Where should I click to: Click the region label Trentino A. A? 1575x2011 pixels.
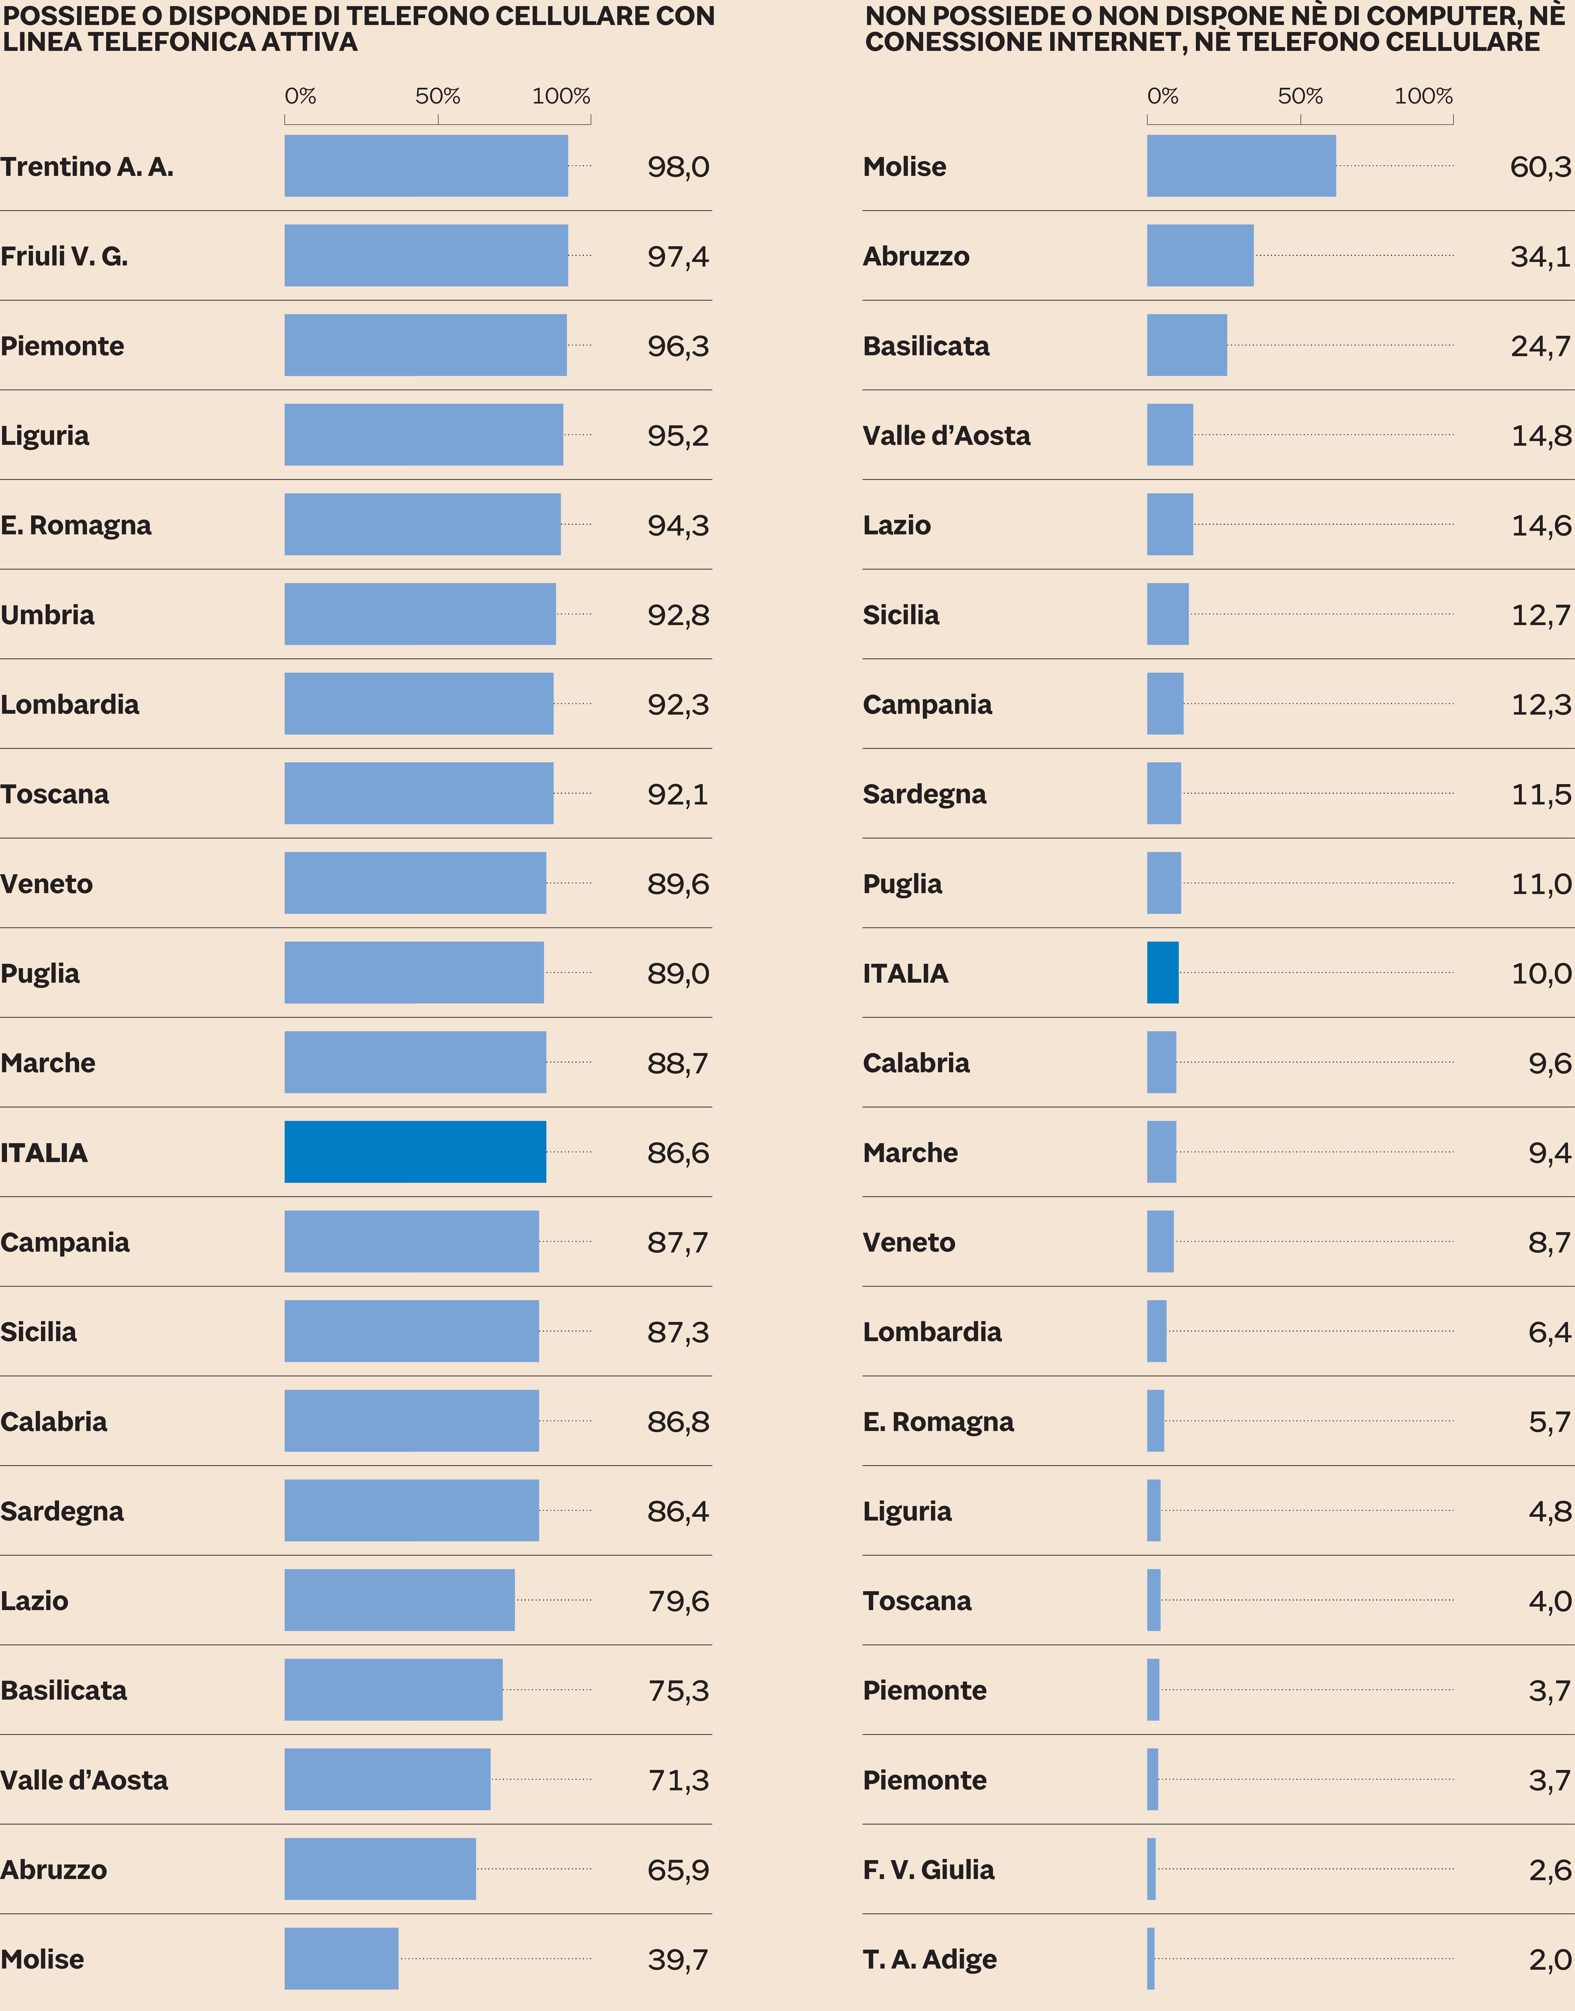[x=87, y=167]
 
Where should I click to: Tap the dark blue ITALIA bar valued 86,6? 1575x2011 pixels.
[x=415, y=1152]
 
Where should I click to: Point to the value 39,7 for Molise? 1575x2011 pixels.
[x=678, y=1959]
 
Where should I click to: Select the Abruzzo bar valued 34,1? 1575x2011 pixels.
[x=1200, y=256]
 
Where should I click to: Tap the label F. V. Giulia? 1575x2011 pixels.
[x=929, y=1870]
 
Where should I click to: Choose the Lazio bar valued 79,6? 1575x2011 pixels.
[x=399, y=1600]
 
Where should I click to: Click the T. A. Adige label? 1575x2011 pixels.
[x=930, y=1959]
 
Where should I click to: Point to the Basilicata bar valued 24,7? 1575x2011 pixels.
[x=1187, y=345]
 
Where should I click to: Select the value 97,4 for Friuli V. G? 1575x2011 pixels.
[x=678, y=256]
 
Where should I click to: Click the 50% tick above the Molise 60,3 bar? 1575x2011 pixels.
[x=1300, y=97]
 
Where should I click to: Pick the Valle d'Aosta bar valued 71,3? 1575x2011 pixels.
[x=387, y=1780]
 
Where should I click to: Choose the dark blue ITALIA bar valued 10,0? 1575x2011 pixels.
[x=1163, y=973]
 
